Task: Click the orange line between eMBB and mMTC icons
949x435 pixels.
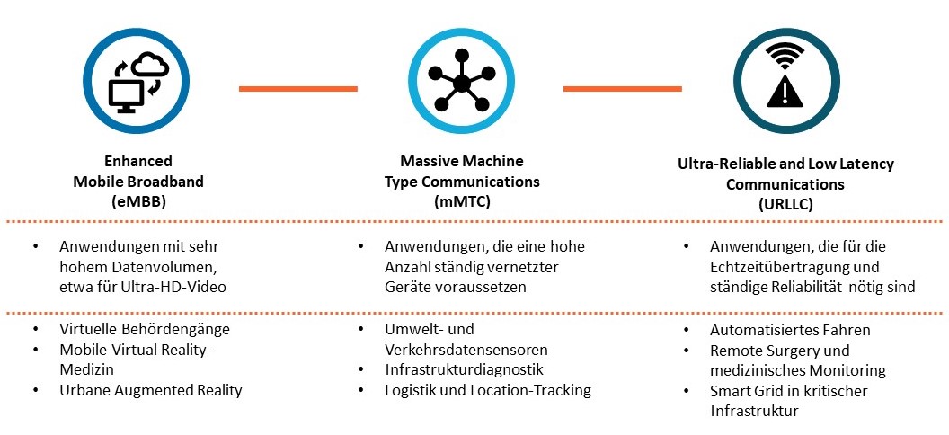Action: tap(297, 88)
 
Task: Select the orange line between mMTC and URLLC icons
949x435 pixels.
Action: tap(622, 88)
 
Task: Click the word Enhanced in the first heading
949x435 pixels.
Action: tap(138, 163)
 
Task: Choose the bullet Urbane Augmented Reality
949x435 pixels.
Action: tap(151, 390)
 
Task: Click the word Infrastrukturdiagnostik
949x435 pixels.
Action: tap(464, 369)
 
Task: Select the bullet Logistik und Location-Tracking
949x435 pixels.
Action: tap(488, 390)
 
